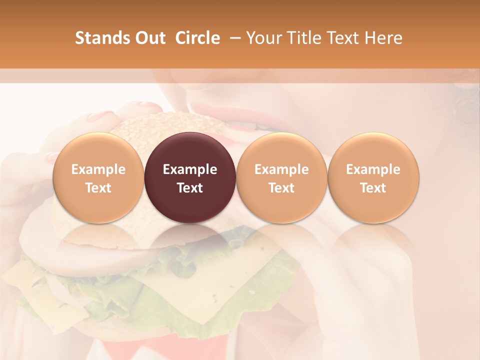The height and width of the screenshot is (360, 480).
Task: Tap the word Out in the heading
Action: [148, 38]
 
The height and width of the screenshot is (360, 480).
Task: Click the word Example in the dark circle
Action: [189, 169]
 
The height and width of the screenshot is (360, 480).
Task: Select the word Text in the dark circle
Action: [189, 188]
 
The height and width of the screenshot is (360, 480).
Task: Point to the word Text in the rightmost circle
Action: [373, 188]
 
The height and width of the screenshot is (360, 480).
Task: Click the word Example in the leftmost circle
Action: [98, 169]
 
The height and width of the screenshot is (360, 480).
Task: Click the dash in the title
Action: [233, 38]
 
